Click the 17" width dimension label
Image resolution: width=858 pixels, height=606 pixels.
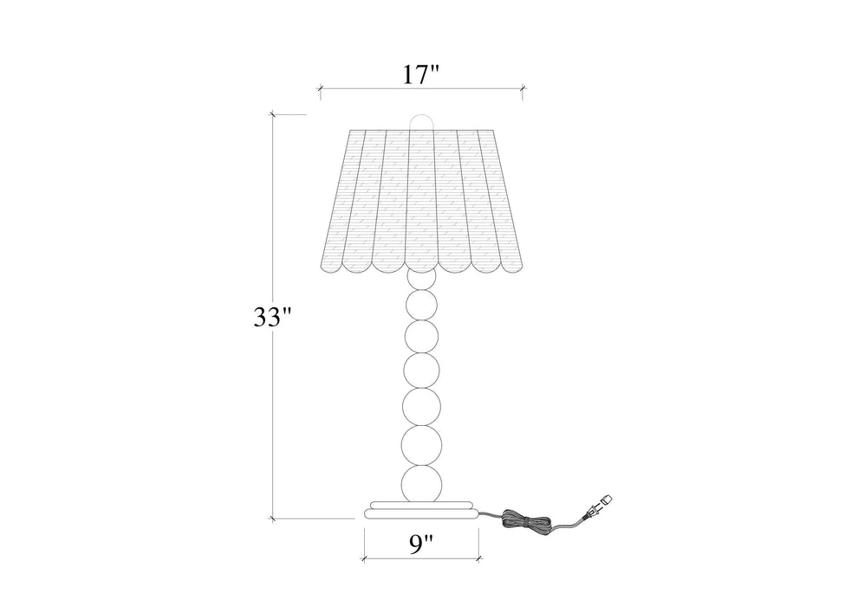(x=421, y=74)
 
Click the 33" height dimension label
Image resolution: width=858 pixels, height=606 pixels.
(x=273, y=317)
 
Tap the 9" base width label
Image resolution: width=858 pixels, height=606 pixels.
(x=421, y=545)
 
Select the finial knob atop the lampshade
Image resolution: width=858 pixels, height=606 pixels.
(x=422, y=122)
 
